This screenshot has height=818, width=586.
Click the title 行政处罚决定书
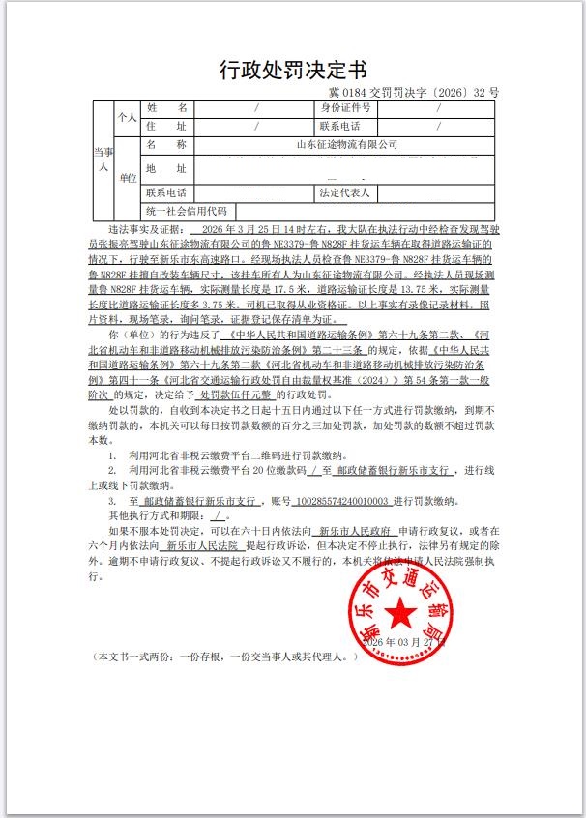point(293,70)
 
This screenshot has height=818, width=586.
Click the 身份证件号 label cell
point(346,108)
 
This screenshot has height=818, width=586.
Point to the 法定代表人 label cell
point(346,192)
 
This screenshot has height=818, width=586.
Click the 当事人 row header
point(103,160)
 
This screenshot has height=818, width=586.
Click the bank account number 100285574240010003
point(345,503)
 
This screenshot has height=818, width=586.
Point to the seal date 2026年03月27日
point(403,639)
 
